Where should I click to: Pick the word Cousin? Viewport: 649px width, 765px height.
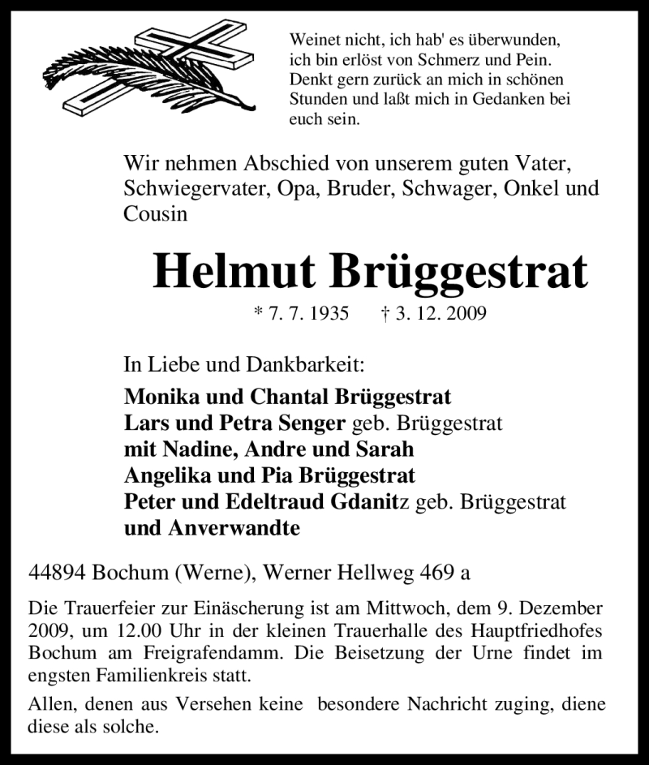point(155,214)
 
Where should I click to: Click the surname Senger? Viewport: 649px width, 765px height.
point(313,423)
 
